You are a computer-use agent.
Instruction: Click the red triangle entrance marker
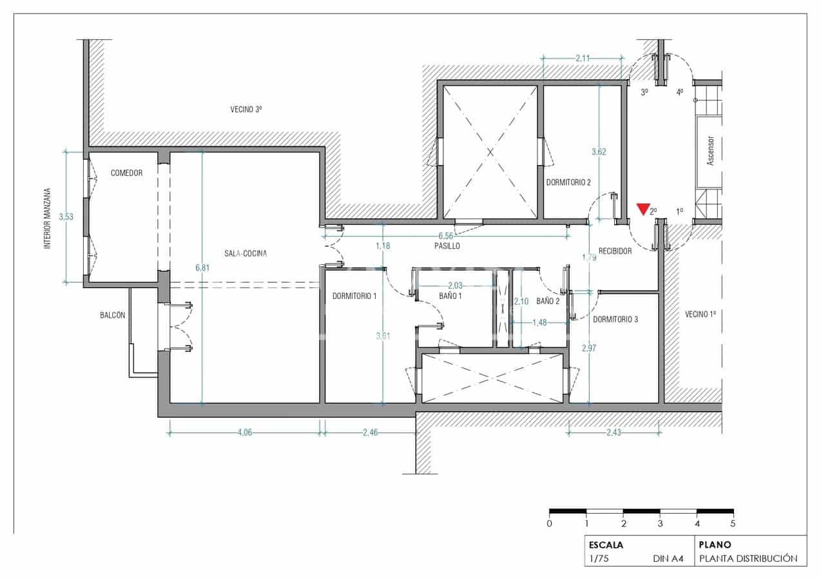[642, 209]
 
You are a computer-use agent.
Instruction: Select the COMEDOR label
[126, 173]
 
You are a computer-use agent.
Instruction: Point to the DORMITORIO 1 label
[354, 296]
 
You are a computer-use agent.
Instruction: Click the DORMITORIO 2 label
[568, 182]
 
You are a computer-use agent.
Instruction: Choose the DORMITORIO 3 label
[615, 319]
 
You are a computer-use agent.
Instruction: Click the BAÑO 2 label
[548, 301]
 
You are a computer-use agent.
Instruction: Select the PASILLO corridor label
[447, 246]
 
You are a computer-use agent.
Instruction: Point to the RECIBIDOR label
[615, 251]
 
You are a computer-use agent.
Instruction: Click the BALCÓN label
[112, 315]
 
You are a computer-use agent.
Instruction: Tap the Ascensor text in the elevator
[711, 151]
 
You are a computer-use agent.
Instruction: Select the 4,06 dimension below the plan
[244, 432]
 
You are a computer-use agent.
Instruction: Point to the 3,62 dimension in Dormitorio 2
[599, 152]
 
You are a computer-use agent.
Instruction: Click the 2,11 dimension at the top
[583, 59]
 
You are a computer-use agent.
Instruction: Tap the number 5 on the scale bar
[733, 523]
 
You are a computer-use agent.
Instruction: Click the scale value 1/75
[599, 559]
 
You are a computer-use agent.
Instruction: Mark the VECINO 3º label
[246, 110]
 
